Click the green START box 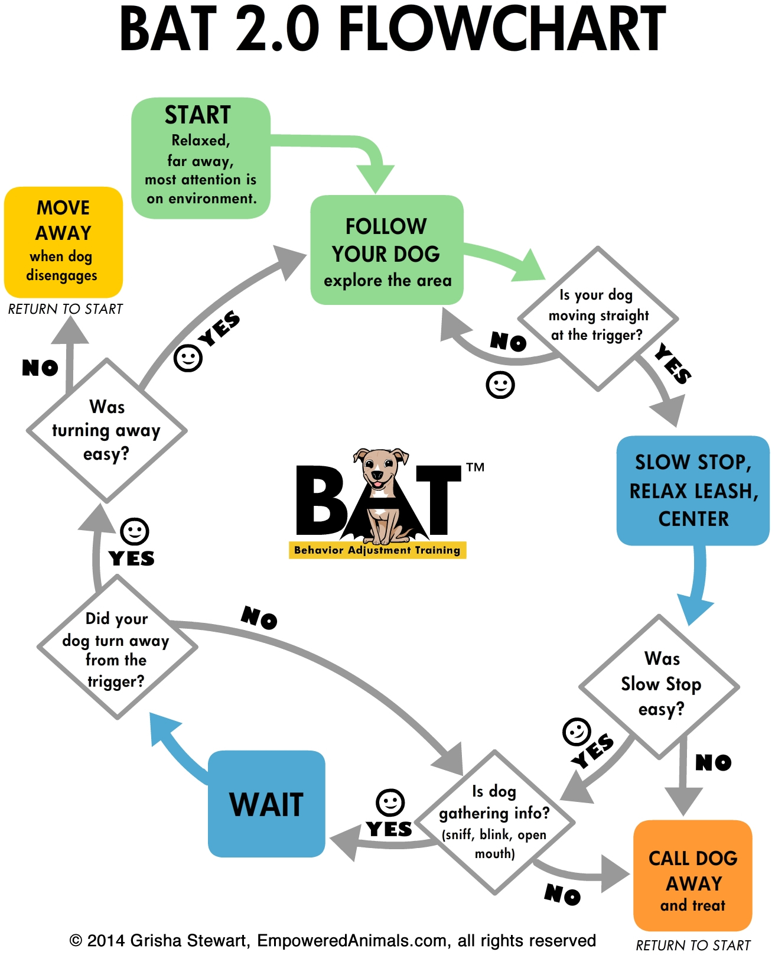201,158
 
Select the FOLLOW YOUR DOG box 387,250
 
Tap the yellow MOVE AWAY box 63,242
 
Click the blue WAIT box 266,804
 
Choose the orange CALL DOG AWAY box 692,875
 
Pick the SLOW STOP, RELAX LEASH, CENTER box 693,491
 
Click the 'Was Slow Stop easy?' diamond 660,686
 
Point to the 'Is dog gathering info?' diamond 494,821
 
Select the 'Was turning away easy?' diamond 107,430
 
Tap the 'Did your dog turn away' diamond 117,648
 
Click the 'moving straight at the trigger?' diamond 598,318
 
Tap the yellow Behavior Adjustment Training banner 377,550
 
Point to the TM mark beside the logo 475,467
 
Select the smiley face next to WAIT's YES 390,803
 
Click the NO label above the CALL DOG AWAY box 713,762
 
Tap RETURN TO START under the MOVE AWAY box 66,309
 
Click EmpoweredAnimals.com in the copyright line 351,940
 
